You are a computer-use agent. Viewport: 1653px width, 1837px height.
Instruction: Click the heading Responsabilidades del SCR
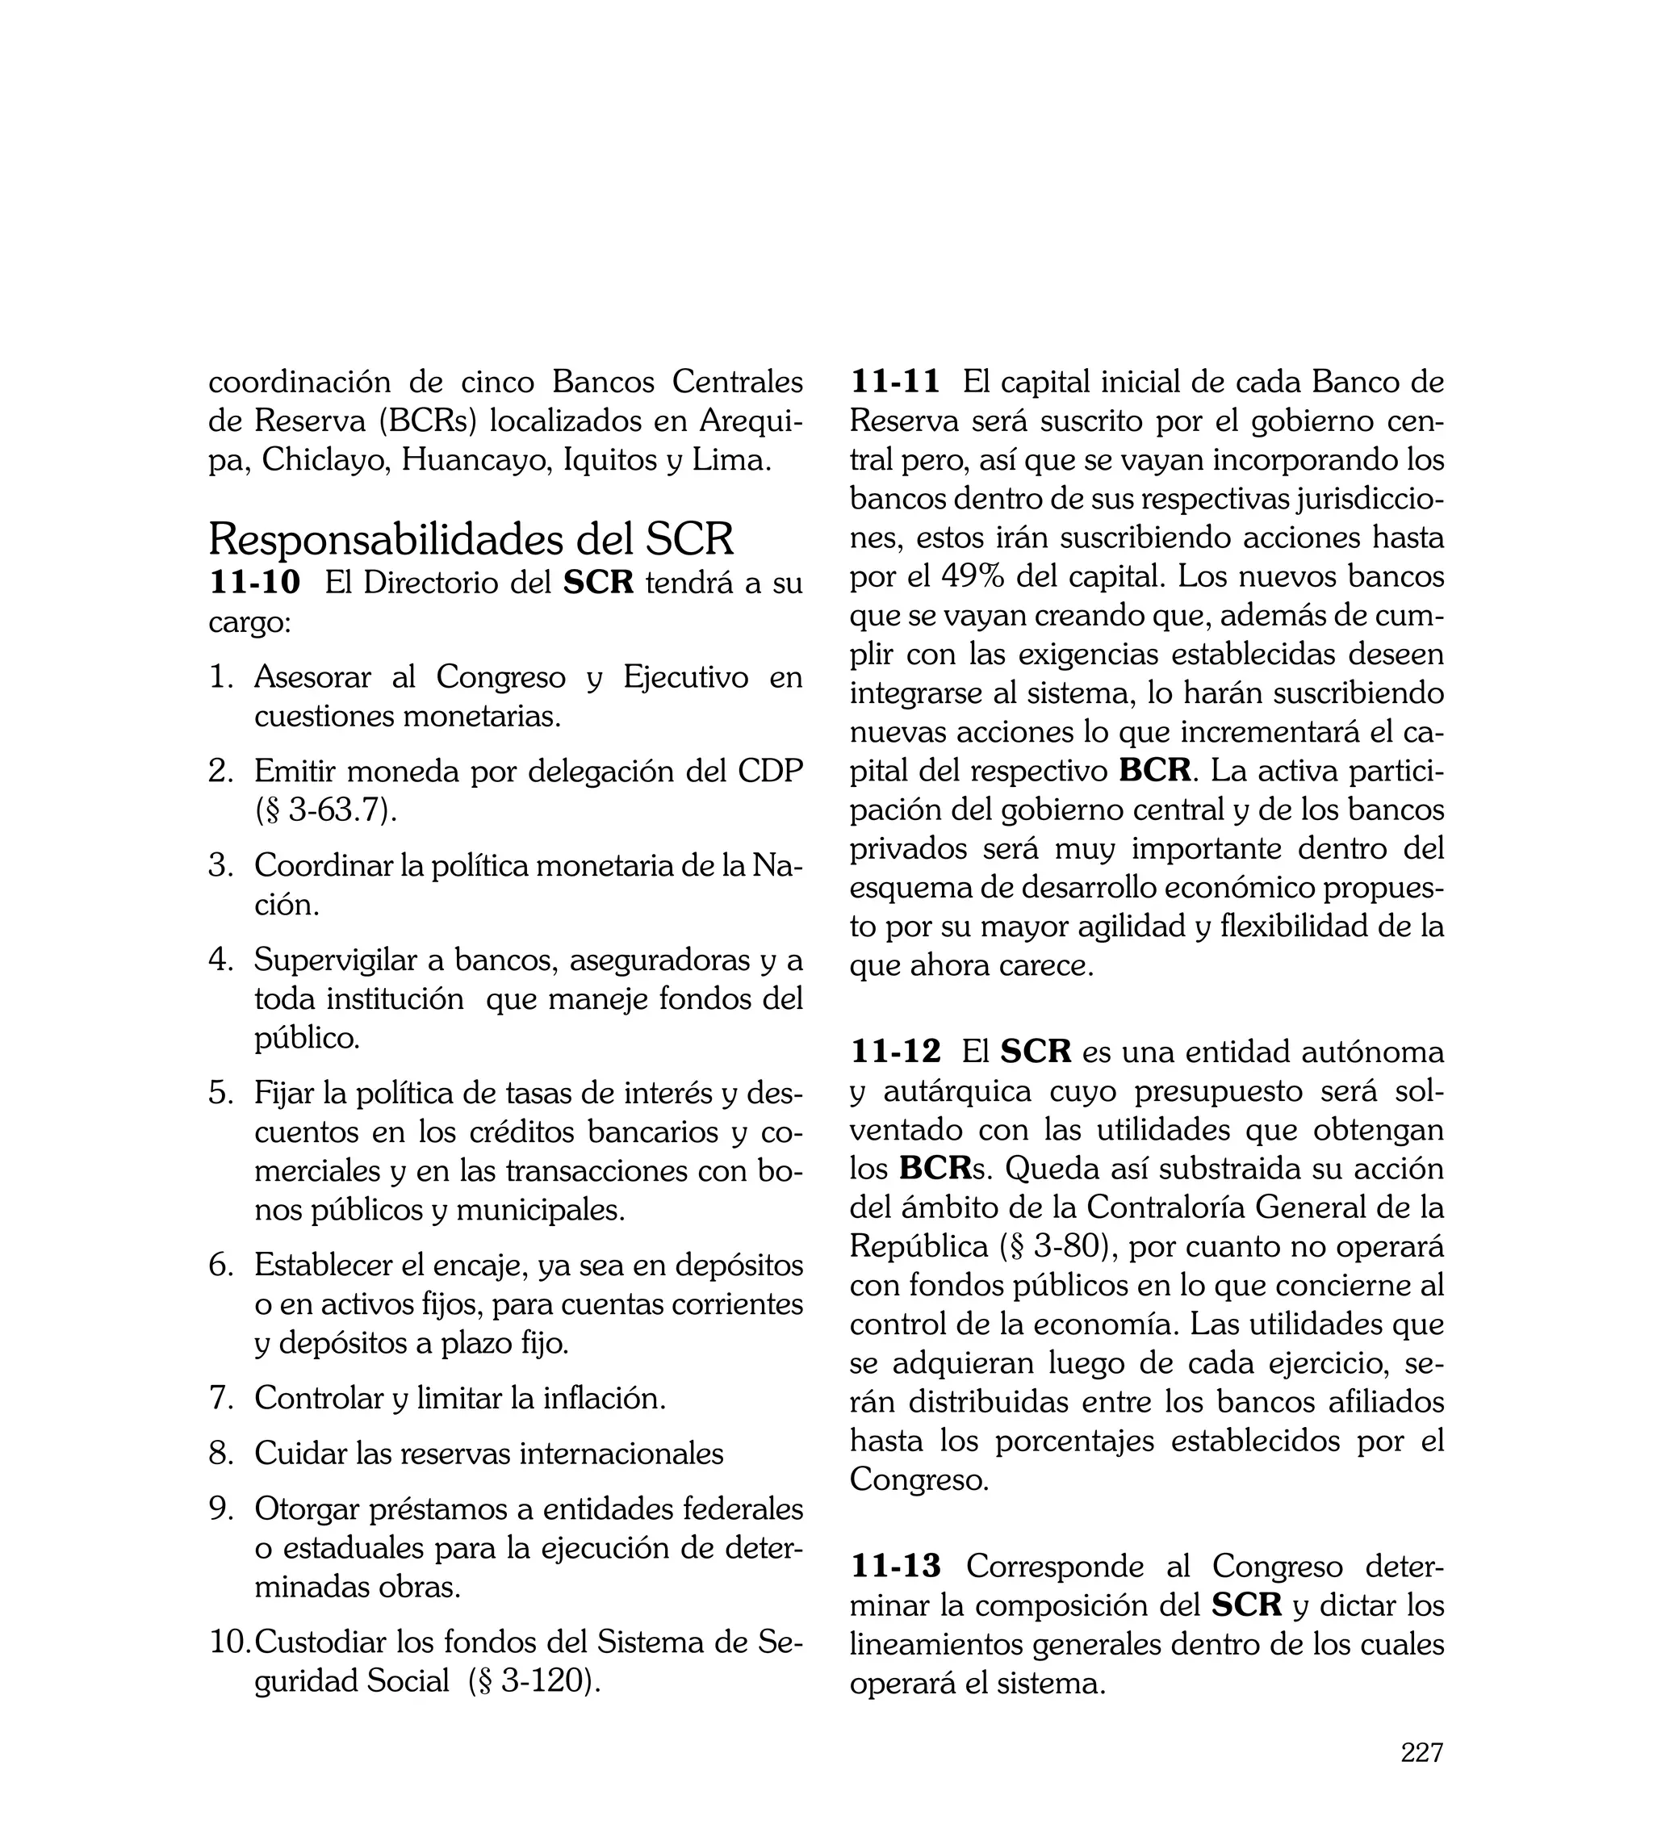(x=471, y=539)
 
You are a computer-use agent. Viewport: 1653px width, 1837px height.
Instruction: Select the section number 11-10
(x=254, y=582)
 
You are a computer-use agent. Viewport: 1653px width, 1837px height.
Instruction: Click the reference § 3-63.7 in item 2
(x=326, y=809)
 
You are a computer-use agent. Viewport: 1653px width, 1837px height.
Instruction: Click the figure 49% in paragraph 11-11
(x=973, y=575)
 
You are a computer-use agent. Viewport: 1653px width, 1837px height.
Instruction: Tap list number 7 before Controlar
(x=220, y=1397)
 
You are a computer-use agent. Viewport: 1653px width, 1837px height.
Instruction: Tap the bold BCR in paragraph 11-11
(x=1153, y=771)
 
